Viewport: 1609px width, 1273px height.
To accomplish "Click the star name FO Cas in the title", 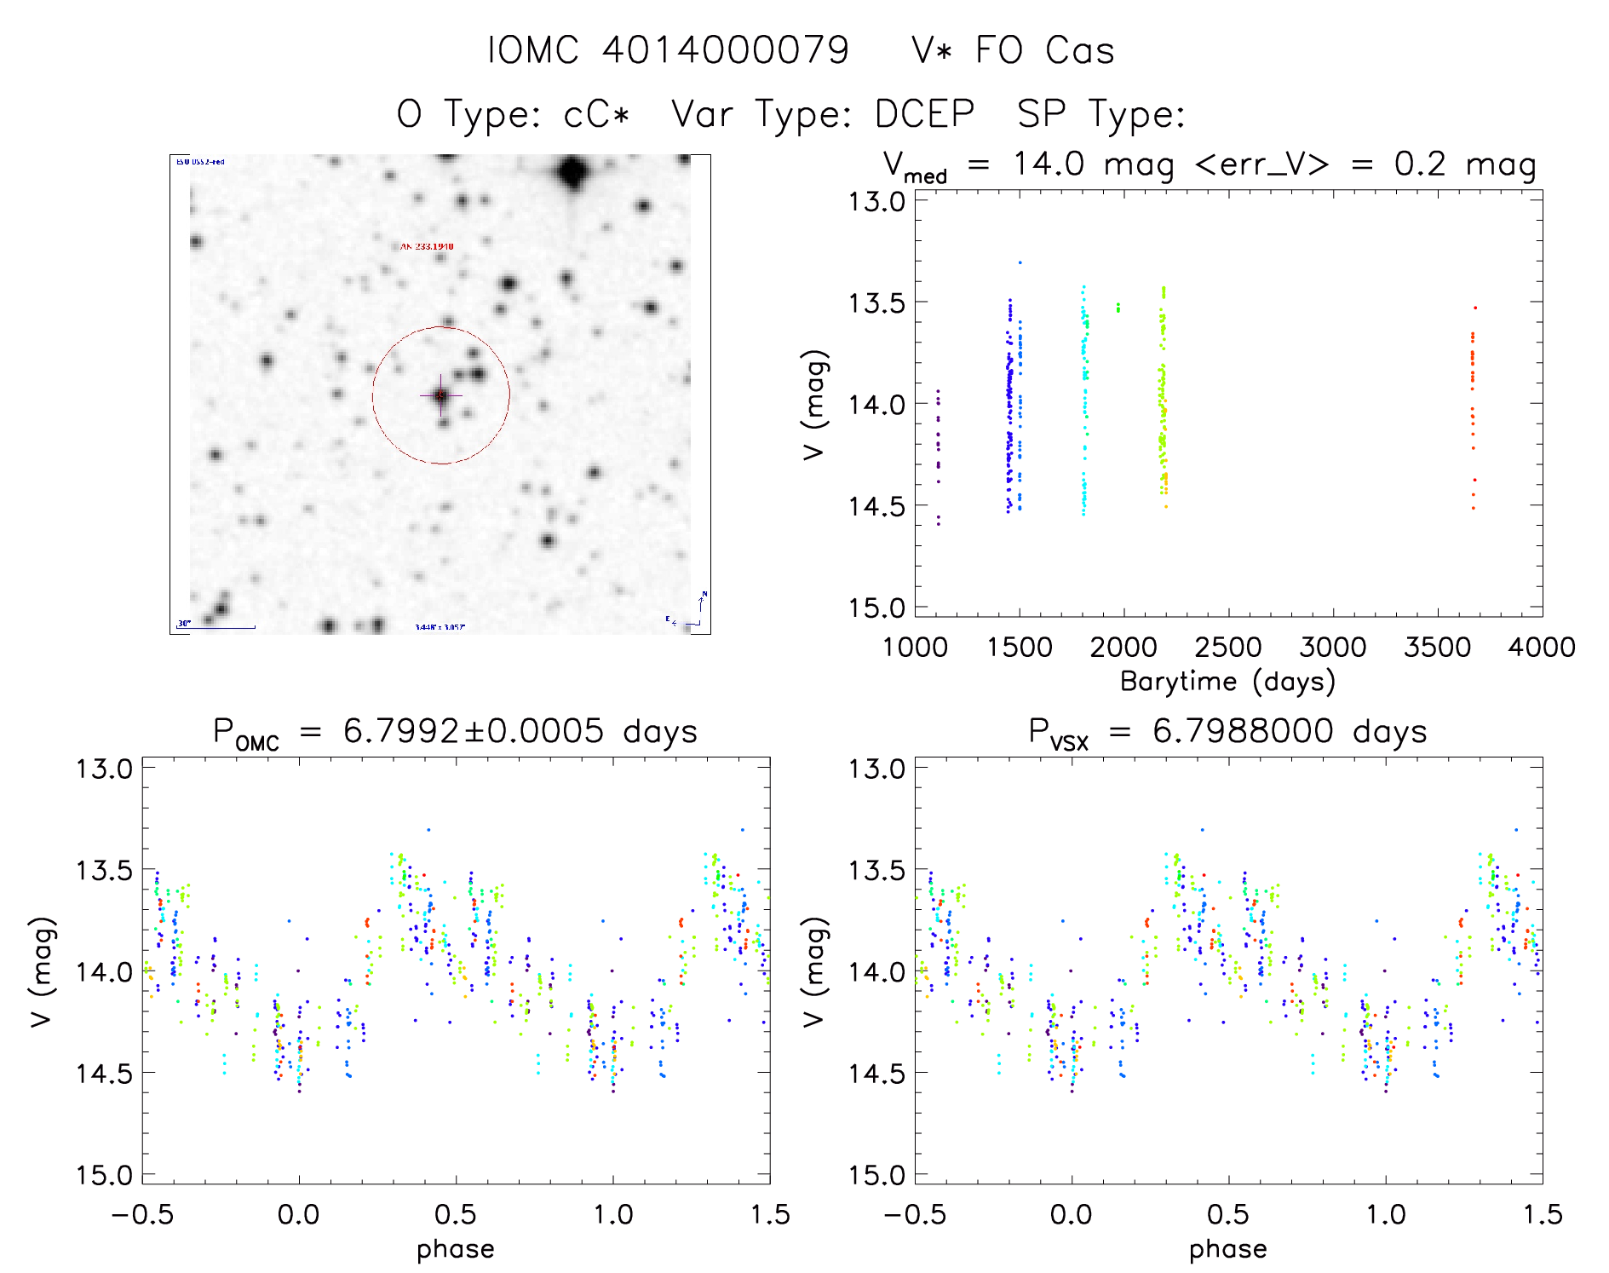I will (1044, 50).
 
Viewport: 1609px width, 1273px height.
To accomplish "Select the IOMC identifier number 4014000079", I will (726, 50).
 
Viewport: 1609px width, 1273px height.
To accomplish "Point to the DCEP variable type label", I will (924, 114).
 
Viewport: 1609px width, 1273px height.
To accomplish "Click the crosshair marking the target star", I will (440, 395).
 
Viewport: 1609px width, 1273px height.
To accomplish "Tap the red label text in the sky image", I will (427, 246).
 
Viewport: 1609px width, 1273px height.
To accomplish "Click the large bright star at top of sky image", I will (573, 173).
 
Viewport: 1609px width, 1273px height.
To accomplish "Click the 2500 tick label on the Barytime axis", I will (1227, 648).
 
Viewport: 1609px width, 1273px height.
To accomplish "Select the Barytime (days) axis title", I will (1227, 682).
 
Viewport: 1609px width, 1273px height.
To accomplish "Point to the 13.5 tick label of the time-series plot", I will (876, 302).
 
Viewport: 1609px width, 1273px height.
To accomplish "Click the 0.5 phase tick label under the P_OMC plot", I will (456, 1214).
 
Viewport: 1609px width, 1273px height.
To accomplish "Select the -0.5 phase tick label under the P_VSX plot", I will (914, 1214).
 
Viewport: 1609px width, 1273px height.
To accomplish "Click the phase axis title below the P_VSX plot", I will (1227, 1249).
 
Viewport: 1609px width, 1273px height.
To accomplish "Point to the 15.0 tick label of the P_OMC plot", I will (104, 1175).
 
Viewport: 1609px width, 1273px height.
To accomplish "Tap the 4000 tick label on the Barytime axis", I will (1541, 648).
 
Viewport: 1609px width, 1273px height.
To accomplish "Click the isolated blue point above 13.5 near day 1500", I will (1020, 262).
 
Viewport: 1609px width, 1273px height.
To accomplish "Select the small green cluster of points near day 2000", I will (1118, 308).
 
